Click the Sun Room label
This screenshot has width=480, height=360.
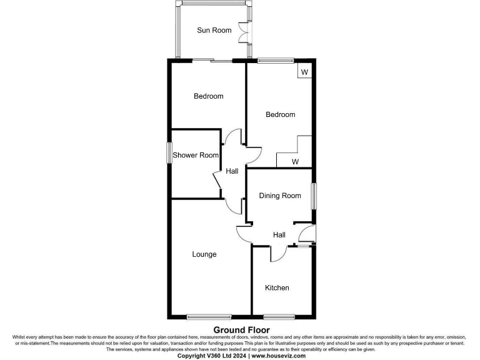(214, 30)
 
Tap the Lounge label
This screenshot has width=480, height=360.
(204, 254)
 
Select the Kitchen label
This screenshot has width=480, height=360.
(277, 287)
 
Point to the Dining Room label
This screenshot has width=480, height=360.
(280, 196)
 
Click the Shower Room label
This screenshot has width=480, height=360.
(196, 155)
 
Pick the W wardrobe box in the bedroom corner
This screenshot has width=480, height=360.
(304, 72)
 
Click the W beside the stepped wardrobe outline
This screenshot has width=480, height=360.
(295, 162)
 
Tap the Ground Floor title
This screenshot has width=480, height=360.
(241, 330)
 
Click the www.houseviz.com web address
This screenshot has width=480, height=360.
(278, 356)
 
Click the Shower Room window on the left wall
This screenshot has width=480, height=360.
(169, 153)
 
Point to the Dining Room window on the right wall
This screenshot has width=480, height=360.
(314, 195)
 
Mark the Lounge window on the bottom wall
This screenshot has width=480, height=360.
(209, 316)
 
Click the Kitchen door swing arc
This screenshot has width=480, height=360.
(279, 253)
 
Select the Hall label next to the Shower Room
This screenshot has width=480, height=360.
(232, 171)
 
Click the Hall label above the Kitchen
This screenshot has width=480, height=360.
(279, 235)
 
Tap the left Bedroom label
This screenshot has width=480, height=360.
(208, 96)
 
